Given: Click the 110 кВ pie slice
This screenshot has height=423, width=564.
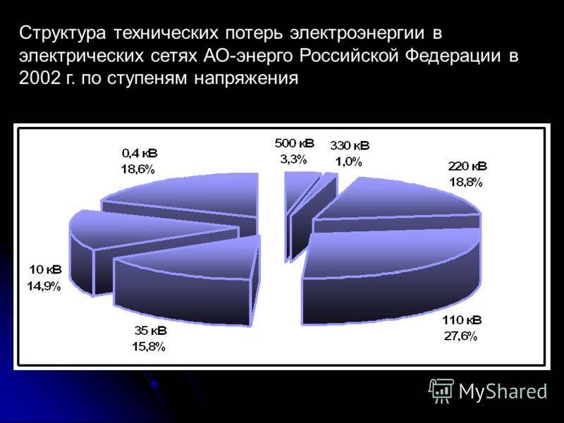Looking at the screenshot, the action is tap(392, 277).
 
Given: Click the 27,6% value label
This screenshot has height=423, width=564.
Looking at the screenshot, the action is tap(461, 336).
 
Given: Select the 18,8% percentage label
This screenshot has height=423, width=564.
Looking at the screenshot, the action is tap(465, 182).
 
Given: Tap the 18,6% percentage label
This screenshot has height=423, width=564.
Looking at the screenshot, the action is tap(137, 168).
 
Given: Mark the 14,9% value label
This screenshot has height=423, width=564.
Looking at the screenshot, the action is tap(44, 286).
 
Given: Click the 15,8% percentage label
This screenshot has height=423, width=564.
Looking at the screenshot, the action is tap(149, 347).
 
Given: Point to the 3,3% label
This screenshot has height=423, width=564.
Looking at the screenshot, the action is tap(293, 159).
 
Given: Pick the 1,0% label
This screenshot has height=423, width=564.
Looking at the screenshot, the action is tap(348, 161).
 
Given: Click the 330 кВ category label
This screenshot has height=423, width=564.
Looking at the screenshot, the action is tap(350, 146).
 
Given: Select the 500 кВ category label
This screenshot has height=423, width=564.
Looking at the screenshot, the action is tap(294, 143).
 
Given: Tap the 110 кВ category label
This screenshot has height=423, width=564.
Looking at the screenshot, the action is tap(462, 320).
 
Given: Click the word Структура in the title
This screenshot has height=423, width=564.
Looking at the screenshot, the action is tap(63, 33).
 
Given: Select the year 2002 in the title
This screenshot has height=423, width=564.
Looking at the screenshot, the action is tap(39, 78).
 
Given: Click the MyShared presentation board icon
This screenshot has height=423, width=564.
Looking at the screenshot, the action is tap(441, 391).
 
